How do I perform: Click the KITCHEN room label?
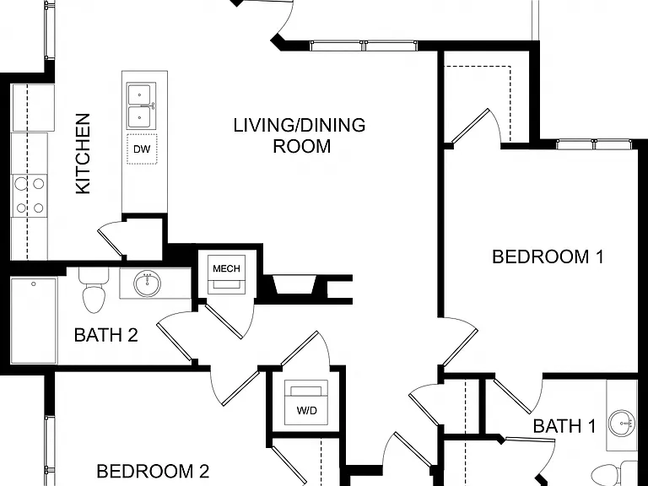(x=83, y=154)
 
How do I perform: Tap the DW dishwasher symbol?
(x=142, y=149)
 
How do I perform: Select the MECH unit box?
(x=226, y=274)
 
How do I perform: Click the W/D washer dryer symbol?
(x=306, y=402)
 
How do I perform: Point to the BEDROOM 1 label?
(x=548, y=256)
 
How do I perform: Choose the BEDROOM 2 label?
(x=153, y=471)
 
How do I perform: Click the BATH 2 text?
(x=105, y=335)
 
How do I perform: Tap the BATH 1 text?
(x=564, y=425)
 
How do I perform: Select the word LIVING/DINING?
(x=300, y=125)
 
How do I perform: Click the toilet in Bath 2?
(x=94, y=290)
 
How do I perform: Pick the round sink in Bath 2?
(x=147, y=283)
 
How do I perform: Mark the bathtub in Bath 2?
(x=34, y=321)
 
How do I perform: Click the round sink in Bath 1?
(x=623, y=424)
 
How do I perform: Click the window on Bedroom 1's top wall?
(x=594, y=144)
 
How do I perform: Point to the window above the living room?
(x=364, y=46)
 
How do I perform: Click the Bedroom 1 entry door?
(x=459, y=343)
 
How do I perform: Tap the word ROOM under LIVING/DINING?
(x=302, y=146)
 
